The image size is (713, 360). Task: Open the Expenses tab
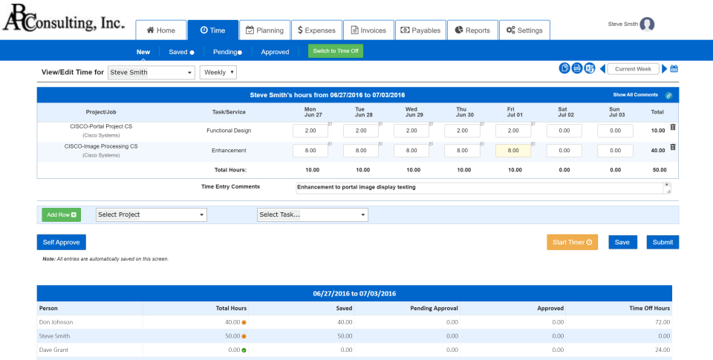coord(316,30)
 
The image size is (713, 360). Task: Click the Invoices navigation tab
coord(368,30)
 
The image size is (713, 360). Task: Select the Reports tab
coord(472,30)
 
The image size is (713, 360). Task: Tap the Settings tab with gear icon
coord(524,30)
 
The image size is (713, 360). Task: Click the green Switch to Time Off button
coord(336,51)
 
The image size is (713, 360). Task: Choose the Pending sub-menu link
coord(227,52)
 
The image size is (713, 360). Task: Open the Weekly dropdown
coord(218,72)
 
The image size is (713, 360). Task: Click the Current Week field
coord(633,69)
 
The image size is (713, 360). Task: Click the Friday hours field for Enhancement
coord(512,150)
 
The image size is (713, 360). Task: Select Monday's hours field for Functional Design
coord(310,131)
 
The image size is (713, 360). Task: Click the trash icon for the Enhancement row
coord(673,147)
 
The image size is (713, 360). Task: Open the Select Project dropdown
coord(152,215)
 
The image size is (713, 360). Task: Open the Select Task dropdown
coord(312,215)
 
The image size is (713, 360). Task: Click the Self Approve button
coord(62,242)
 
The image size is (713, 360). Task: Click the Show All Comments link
coord(635,95)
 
